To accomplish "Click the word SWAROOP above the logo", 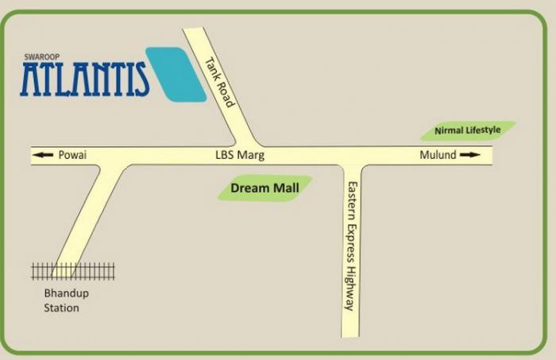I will (37, 56).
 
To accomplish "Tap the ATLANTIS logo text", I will (85, 79).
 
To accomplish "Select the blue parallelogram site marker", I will (176, 74).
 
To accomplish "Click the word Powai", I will (72, 156).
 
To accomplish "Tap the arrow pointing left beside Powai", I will (44, 156).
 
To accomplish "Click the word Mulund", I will (438, 156).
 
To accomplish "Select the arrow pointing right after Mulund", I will (470, 156).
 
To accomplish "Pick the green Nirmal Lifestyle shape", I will (468, 130).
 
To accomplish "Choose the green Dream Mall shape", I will (264, 189).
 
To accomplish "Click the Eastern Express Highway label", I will (350, 245).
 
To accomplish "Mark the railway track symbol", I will (73, 272).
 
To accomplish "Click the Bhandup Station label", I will (62, 300).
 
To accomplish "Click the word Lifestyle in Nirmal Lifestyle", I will (483, 130).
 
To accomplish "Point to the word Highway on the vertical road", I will (350, 286).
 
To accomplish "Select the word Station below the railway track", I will (62, 308).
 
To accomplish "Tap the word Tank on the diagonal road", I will (210, 67).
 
